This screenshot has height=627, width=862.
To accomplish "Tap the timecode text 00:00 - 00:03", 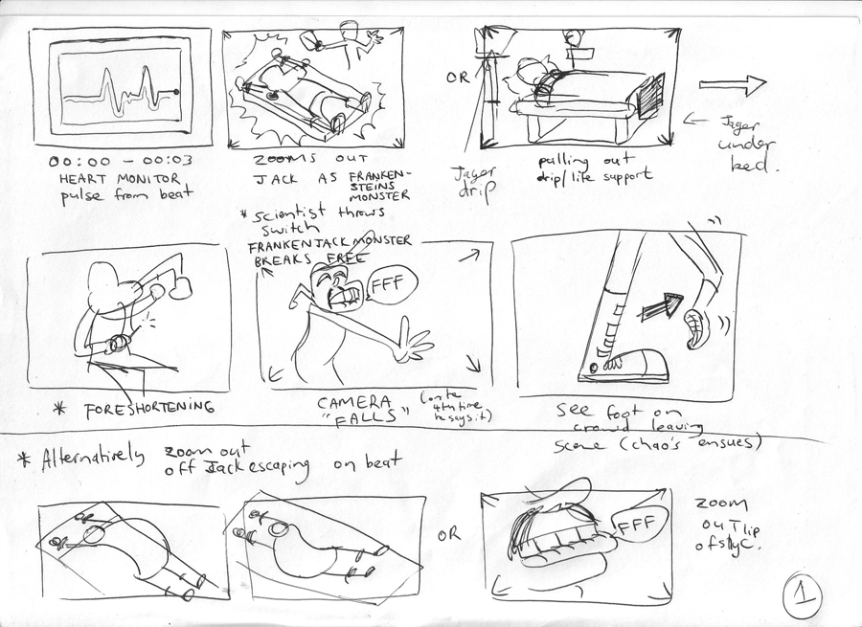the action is pyautogui.click(x=111, y=162).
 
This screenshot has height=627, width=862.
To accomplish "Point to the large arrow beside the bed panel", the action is pyautogui.click(x=733, y=85).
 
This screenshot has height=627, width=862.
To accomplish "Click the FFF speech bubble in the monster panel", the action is pyautogui.click(x=386, y=284).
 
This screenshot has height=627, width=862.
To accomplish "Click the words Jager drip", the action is pyautogui.click(x=467, y=182).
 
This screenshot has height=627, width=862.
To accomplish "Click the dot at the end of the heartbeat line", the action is pyautogui.click(x=175, y=92).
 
